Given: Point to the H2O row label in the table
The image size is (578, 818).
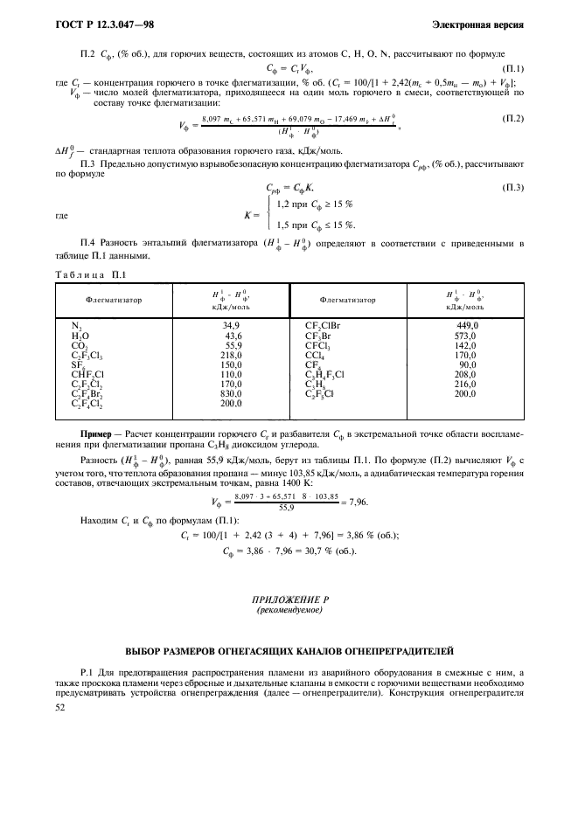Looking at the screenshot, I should click(x=80, y=336).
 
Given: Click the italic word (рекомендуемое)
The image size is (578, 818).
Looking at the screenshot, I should click(x=288, y=611).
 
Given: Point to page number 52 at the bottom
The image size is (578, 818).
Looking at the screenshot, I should click(x=61, y=710).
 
